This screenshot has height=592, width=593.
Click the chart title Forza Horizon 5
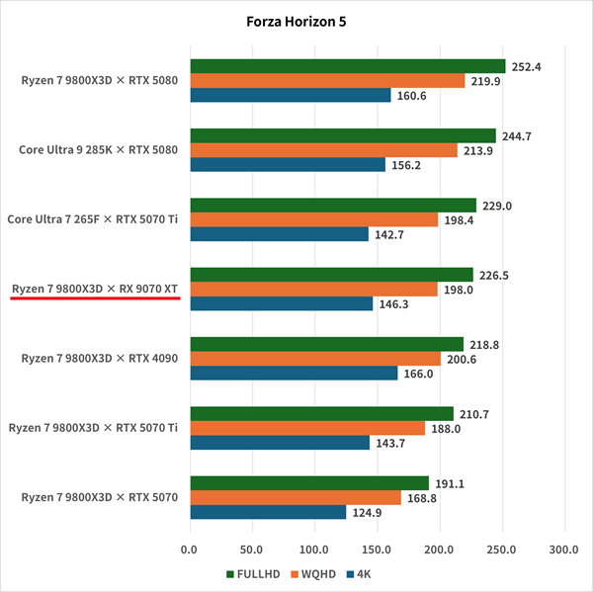click(x=296, y=22)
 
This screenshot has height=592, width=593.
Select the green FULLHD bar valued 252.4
click(x=347, y=66)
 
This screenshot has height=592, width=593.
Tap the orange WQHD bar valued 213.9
click(x=323, y=150)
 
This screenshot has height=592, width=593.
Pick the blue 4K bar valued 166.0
click(x=294, y=373)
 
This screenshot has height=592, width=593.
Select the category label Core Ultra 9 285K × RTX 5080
click(x=98, y=150)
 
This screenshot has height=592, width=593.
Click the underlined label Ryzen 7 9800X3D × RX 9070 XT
click(x=95, y=289)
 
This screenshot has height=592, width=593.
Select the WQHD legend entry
click(x=317, y=573)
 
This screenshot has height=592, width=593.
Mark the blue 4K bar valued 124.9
click(x=268, y=512)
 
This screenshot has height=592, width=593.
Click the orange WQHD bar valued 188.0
click(x=306, y=428)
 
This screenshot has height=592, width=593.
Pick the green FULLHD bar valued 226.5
click(x=331, y=275)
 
